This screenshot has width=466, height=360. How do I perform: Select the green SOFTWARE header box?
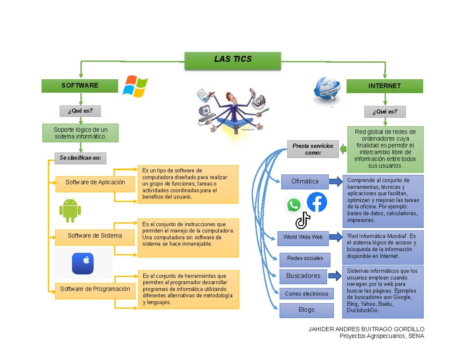(80, 86)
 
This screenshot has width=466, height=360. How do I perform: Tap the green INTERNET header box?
(384, 86)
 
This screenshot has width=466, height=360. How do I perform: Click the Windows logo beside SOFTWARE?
(135, 86)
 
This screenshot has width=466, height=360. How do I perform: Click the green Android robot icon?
(70, 210)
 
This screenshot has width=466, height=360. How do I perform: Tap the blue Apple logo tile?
(83, 263)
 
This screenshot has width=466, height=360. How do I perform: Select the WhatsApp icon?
(294, 205)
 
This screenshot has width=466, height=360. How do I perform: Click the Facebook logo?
(317, 202)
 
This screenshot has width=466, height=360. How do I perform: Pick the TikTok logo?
(303, 221)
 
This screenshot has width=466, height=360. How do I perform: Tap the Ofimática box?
(305, 181)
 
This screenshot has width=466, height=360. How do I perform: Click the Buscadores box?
(303, 276)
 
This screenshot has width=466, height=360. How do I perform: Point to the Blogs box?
(306, 310)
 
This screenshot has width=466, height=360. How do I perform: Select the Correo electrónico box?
(306, 294)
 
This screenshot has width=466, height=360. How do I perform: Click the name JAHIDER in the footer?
(321, 329)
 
